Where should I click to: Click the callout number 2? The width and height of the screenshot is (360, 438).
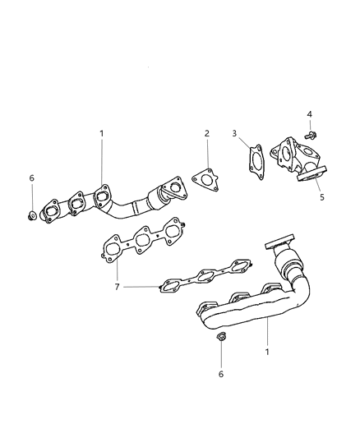pos(207,133)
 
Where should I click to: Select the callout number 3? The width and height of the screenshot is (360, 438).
pos(234,133)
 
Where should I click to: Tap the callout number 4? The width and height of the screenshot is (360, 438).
pos(310,114)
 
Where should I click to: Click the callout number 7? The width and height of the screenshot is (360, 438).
pos(118,286)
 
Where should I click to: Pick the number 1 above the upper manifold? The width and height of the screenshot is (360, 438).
pos(102,133)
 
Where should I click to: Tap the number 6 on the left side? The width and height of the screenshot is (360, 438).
pos(32,178)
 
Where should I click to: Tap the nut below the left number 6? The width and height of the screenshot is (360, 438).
pos(32,216)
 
